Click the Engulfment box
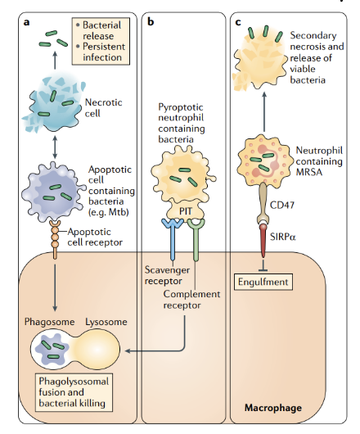tap(263, 281)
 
